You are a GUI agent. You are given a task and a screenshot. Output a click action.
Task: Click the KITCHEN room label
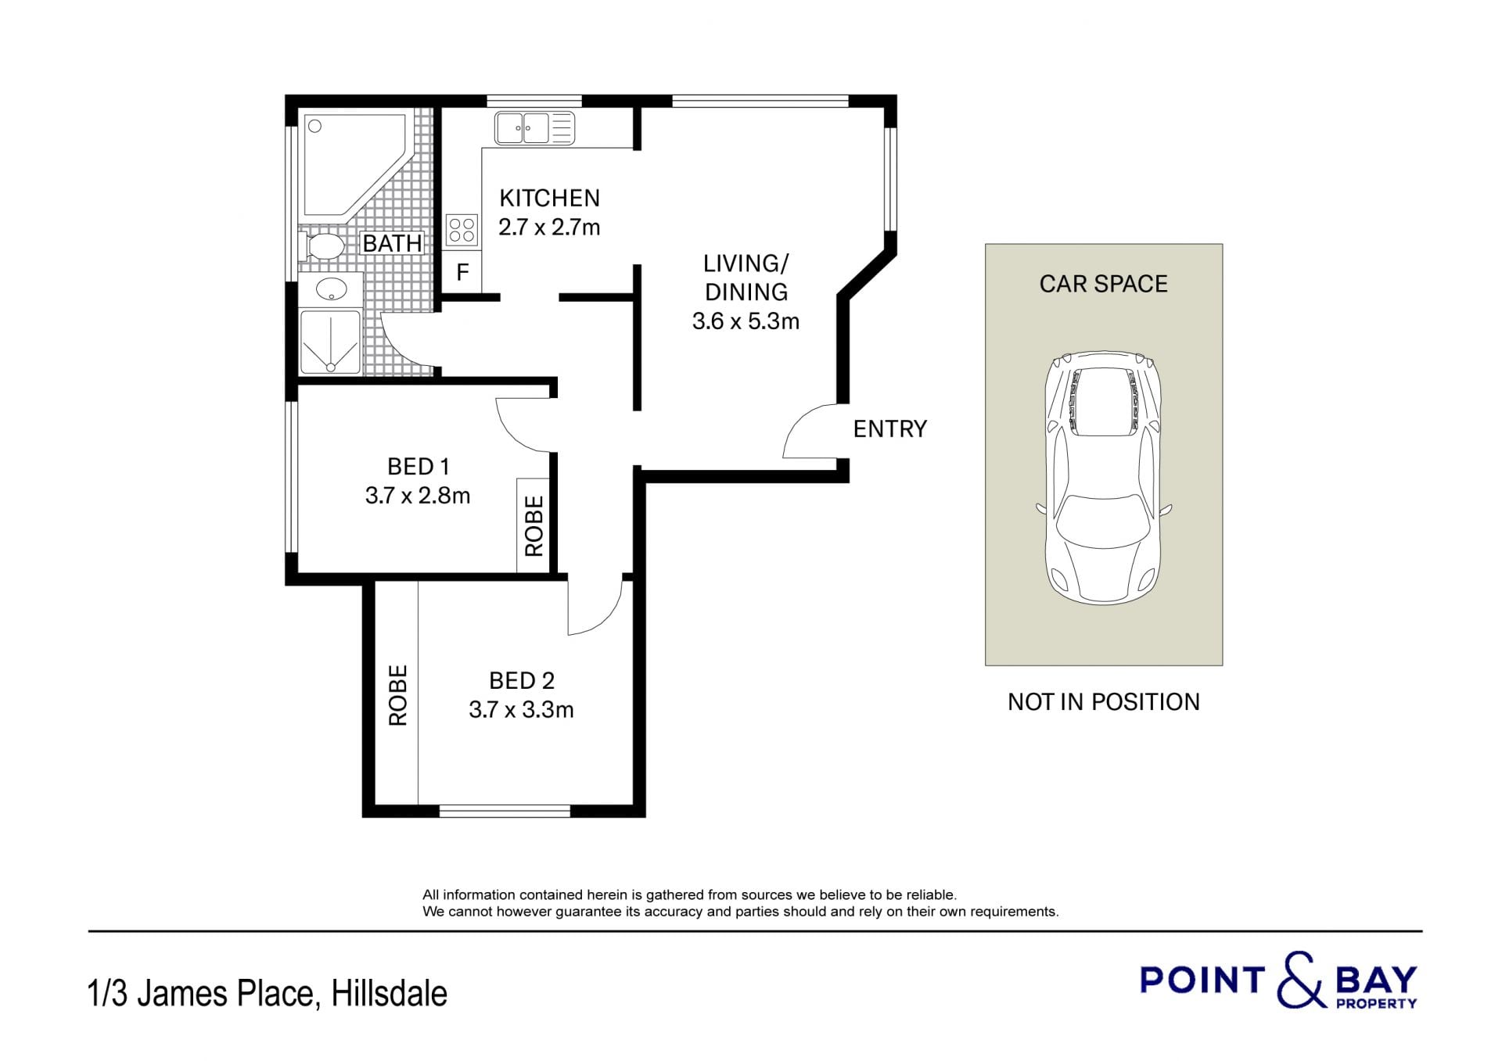(549, 198)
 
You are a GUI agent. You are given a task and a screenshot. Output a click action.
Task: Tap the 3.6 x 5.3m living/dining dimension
(746, 321)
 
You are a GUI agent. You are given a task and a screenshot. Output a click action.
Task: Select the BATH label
(392, 243)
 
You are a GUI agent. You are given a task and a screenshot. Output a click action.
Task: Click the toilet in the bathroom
(322, 246)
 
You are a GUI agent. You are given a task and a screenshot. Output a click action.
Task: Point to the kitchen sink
(534, 128)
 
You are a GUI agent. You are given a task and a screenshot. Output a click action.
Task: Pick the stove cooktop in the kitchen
(462, 231)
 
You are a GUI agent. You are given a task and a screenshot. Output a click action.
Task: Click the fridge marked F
(462, 272)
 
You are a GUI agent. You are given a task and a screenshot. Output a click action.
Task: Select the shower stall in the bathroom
(330, 342)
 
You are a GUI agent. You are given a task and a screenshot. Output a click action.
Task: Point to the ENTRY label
(889, 428)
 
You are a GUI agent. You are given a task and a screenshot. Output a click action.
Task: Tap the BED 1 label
(419, 467)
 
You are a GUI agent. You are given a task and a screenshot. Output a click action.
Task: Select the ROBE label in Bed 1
(534, 525)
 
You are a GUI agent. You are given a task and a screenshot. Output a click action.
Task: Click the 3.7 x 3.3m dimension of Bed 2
(521, 710)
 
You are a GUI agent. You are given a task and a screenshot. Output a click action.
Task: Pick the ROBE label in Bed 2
(397, 695)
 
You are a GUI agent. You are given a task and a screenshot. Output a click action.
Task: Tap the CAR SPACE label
(1103, 284)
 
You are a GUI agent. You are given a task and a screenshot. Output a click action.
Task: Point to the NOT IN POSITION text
(1103, 702)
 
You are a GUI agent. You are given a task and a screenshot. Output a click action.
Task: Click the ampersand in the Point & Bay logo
(1301, 980)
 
